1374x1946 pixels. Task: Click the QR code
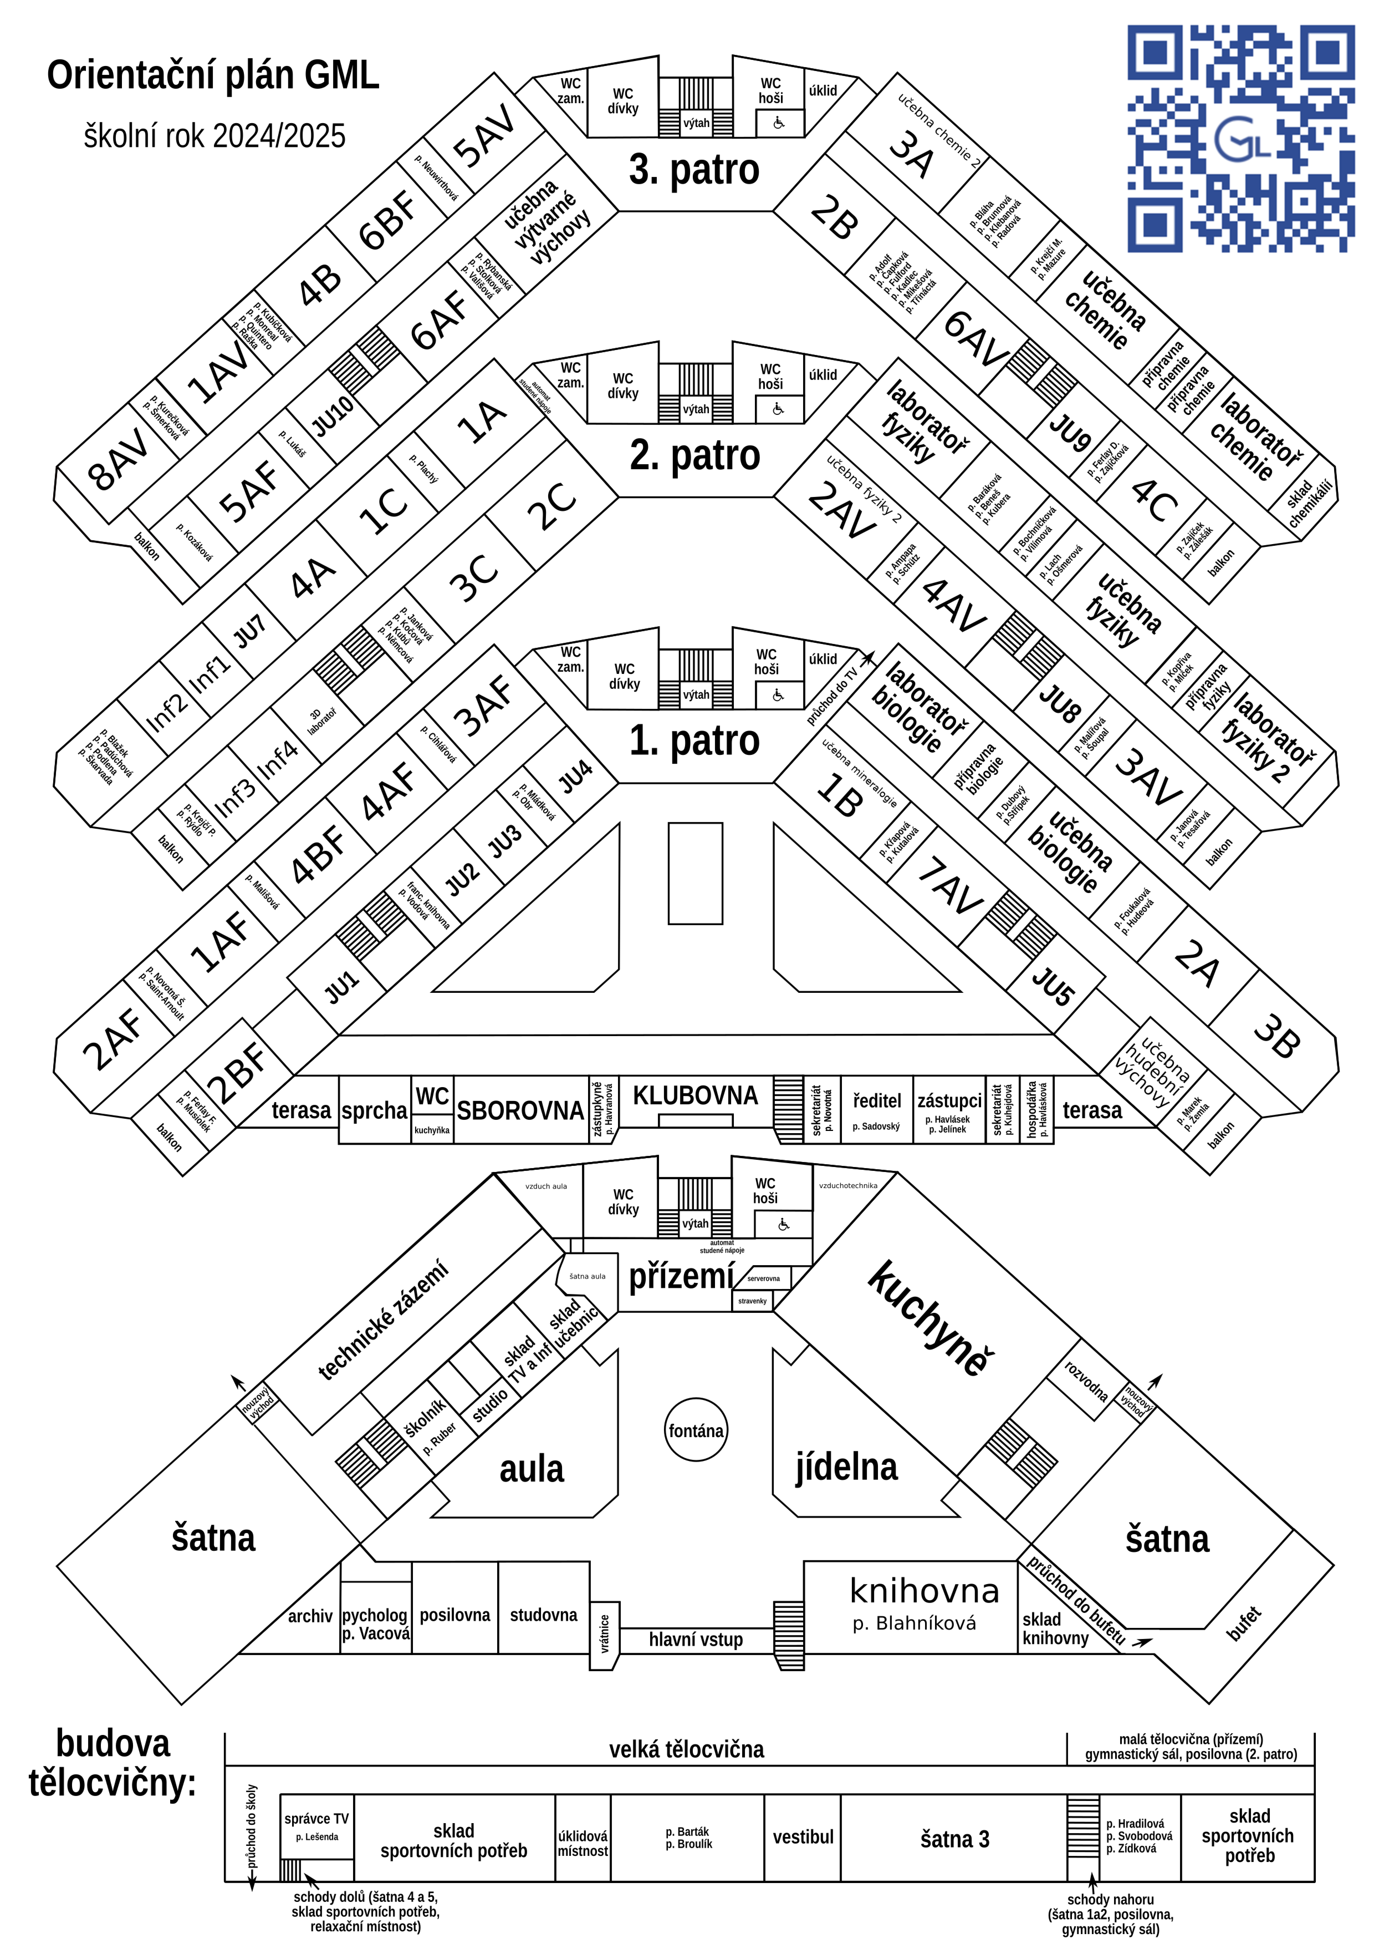click(1241, 138)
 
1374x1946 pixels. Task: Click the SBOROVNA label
click(520, 1110)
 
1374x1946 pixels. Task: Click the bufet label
click(1243, 1623)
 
